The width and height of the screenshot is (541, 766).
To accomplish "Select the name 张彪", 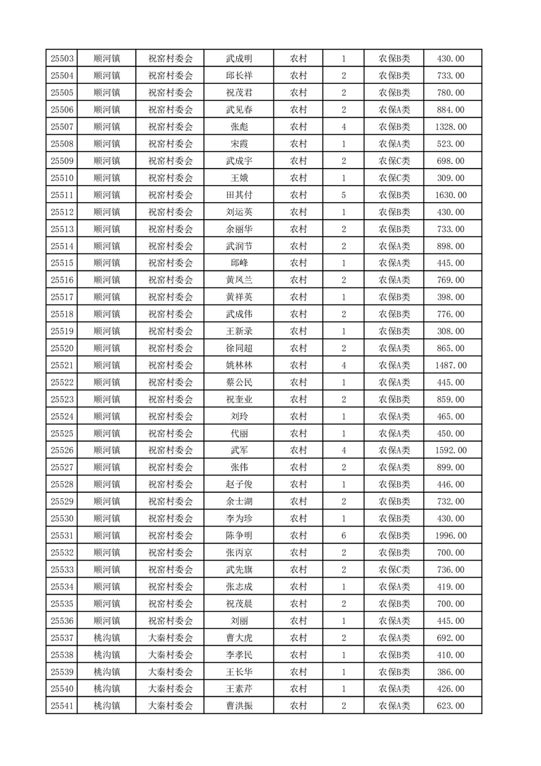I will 239,127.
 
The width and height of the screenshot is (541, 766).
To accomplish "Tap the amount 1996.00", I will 451,535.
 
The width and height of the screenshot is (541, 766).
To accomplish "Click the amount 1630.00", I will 451,195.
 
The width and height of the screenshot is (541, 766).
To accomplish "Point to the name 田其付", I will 239,195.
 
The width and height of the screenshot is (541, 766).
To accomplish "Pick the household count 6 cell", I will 343,535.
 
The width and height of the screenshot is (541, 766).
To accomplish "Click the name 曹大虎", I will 239,638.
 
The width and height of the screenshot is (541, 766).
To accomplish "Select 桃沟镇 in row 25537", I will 106,638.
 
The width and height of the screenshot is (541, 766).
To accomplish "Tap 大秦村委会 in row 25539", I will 171,672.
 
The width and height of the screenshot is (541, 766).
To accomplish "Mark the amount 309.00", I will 451,178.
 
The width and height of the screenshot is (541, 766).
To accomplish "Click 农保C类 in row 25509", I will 394,161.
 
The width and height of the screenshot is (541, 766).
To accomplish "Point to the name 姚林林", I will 239,365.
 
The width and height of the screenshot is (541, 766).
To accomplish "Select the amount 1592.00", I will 451,451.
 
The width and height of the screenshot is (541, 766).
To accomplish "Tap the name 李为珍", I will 239,519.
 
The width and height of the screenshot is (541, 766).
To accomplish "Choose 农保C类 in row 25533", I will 394,569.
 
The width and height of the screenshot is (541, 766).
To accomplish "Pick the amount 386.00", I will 451,672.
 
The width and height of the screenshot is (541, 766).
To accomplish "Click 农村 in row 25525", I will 298,434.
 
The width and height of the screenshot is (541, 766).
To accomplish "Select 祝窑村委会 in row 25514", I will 171,246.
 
